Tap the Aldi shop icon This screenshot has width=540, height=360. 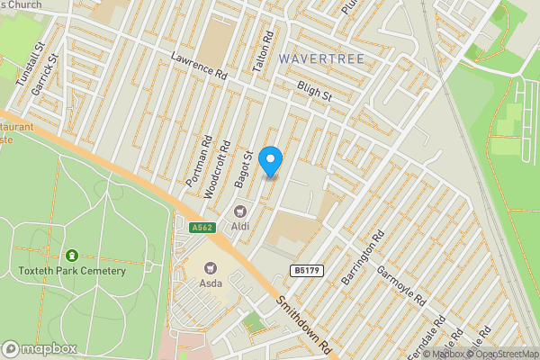click(x=240, y=211)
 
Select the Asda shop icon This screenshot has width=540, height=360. click(x=211, y=268)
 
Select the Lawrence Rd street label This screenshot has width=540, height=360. click(x=199, y=68)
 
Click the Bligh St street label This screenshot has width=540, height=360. click(x=315, y=90)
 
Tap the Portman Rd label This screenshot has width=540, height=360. click(x=199, y=162)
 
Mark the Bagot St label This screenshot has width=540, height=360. click(x=243, y=170)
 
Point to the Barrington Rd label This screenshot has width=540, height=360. click(x=363, y=258)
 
